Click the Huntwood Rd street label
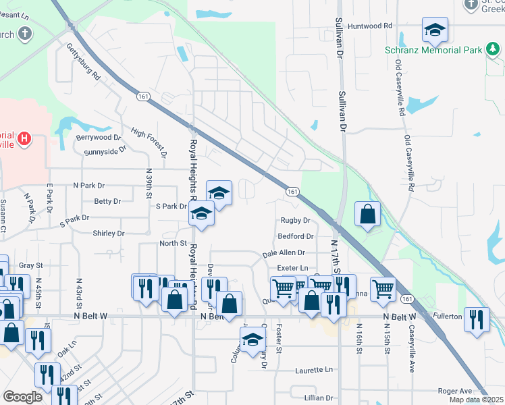coord(370,26)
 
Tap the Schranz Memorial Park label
coord(433,50)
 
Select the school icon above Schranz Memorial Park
coord(435,30)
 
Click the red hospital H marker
coord(24,140)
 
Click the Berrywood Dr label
coord(98,137)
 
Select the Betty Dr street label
coord(107,201)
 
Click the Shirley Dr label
coord(109,234)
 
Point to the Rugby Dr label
coord(295,221)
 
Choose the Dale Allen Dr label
coord(284,252)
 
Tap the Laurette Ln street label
coord(314,370)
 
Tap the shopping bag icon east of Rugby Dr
coord(367,215)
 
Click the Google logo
coord(22,397)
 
